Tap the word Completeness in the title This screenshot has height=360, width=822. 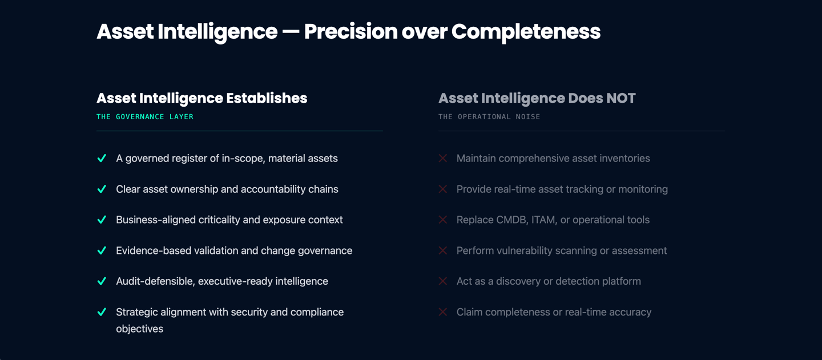click(526, 32)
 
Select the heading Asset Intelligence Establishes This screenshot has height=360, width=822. click(202, 98)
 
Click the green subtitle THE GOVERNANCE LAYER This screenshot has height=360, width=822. click(145, 117)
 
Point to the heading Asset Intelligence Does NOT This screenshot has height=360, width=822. click(537, 98)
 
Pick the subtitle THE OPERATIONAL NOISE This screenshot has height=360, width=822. click(489, 117)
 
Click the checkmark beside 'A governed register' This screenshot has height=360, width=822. click(102, 159)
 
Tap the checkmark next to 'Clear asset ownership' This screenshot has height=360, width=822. click(102, 189)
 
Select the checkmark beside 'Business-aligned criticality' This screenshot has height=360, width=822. click(102, 220)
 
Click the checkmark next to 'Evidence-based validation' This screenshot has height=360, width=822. click(102, 251)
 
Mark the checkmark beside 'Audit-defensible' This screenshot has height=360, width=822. click(102, 282)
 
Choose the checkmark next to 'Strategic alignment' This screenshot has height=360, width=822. click(102, 313)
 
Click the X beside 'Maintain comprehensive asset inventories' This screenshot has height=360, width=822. click(443, 159)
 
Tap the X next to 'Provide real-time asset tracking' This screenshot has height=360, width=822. click(443, 189)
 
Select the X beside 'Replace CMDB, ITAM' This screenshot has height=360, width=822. click(443, 220)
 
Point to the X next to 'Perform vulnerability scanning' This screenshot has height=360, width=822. click(443, 251)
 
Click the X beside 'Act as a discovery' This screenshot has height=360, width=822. click(443, 282)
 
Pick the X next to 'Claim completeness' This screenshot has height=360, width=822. click(443, 313)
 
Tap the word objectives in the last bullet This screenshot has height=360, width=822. click(139, 329)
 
